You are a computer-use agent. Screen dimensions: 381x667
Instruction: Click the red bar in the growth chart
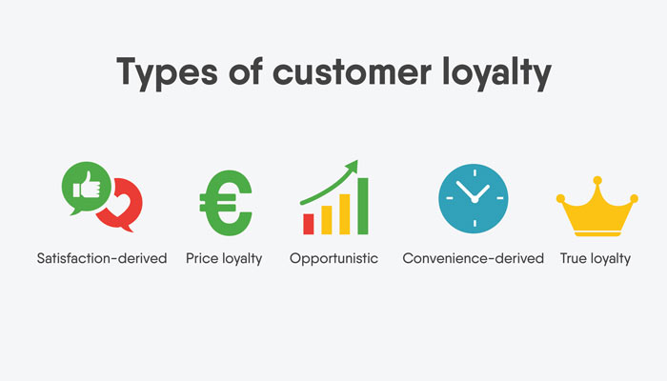coord(309,223)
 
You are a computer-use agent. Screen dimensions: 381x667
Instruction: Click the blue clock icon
coord(474,199)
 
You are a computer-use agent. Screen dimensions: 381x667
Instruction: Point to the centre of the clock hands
coord(474,199)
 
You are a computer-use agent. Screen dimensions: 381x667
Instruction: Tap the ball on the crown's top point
coord(596,180)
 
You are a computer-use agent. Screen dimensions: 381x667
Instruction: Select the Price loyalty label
coord(224,258)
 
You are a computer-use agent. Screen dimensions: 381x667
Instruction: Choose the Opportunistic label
coord(333,258)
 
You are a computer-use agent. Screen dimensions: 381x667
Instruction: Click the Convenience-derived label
coord(474,258)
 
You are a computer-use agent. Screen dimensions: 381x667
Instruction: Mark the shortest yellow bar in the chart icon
coord(326,218)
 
